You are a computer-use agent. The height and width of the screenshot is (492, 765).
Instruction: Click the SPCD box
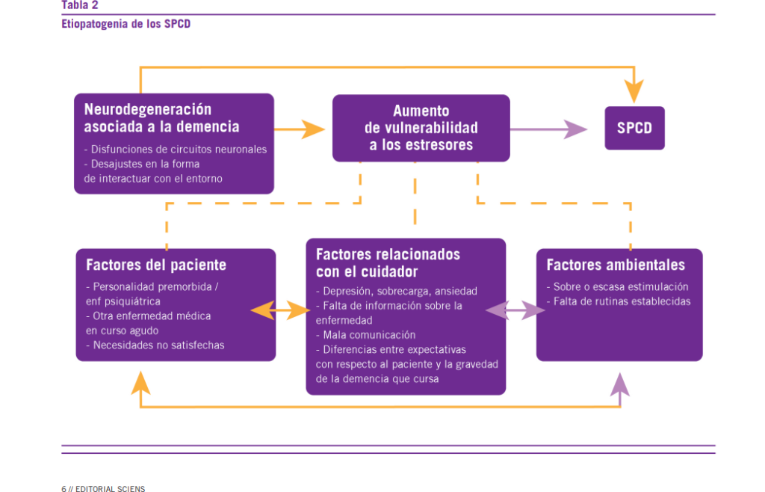(x=634, y=128)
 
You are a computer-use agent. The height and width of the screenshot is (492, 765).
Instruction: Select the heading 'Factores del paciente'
(x=156, y=265)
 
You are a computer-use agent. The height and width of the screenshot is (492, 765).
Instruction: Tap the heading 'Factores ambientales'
(x=616, y=265)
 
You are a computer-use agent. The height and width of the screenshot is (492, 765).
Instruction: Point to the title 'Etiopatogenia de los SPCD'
(x=126, y=23)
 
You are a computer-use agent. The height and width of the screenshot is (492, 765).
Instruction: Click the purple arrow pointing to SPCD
(x=548, y=129)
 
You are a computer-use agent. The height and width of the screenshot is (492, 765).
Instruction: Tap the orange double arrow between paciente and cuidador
(x=280, y=309)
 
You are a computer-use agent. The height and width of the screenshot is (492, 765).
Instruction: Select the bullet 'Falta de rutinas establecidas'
(x=622, y=301)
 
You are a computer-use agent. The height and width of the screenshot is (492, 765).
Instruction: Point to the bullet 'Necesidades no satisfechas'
(x=158, y=345)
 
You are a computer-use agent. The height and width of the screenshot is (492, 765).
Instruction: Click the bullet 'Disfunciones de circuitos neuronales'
(x=179, y=149)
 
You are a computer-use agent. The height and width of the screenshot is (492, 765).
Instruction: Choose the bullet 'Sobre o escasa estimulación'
(x=621, y=286)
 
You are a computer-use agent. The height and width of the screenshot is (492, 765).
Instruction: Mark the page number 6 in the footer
(x=64, y=488)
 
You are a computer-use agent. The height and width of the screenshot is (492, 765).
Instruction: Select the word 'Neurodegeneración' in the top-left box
(x=147, y=109)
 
